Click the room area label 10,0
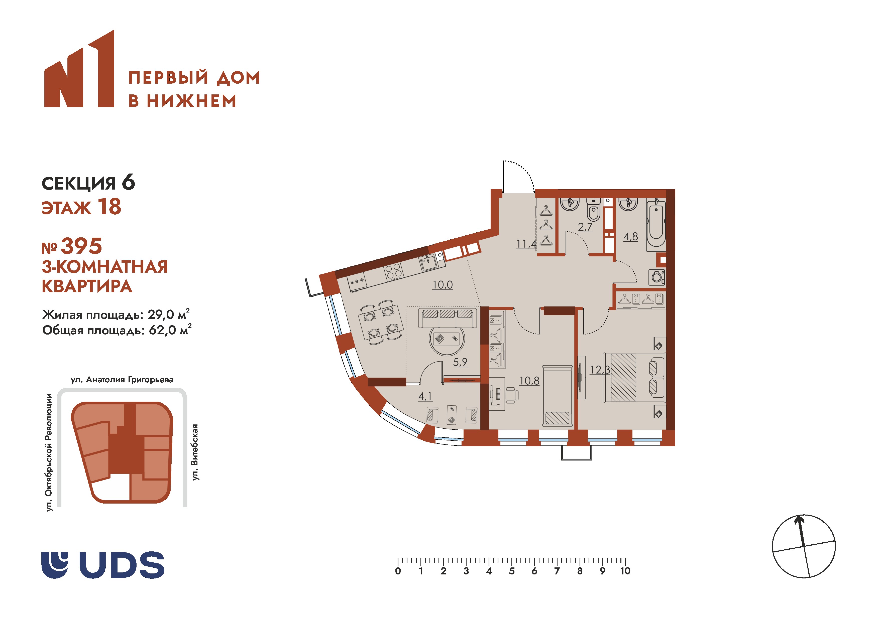coord(443,285)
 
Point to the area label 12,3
coord(600,370)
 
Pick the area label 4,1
coord(425,396)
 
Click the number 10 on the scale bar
coord(625,571)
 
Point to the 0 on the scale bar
coord(398,571)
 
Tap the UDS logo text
coord(122,565)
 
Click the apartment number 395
coord(81,246)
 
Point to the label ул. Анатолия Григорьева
coord(122,380)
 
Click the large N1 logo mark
coord(79,69)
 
